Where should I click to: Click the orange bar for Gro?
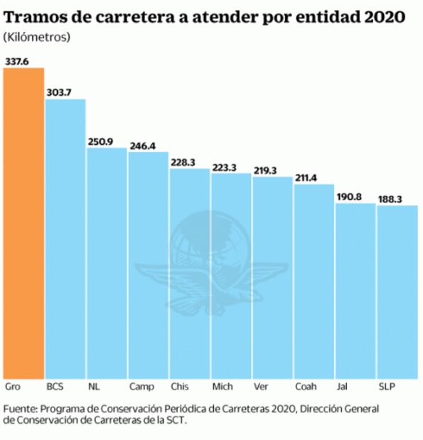[x=23, y=224]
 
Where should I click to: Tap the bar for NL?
[x=106, y=263]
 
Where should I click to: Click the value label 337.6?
[x=16, y=61]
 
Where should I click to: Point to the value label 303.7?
[x=59, y=92]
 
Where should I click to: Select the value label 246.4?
[x=142, y=145]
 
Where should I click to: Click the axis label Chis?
[x=179, y=387]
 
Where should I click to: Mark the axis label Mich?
[x=223, y=387]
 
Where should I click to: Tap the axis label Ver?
[x=261, y=387]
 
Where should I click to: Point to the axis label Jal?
[x=342, y=387]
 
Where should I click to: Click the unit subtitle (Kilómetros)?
[x=36, y=36]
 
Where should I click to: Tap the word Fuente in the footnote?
[x=20, y=409]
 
